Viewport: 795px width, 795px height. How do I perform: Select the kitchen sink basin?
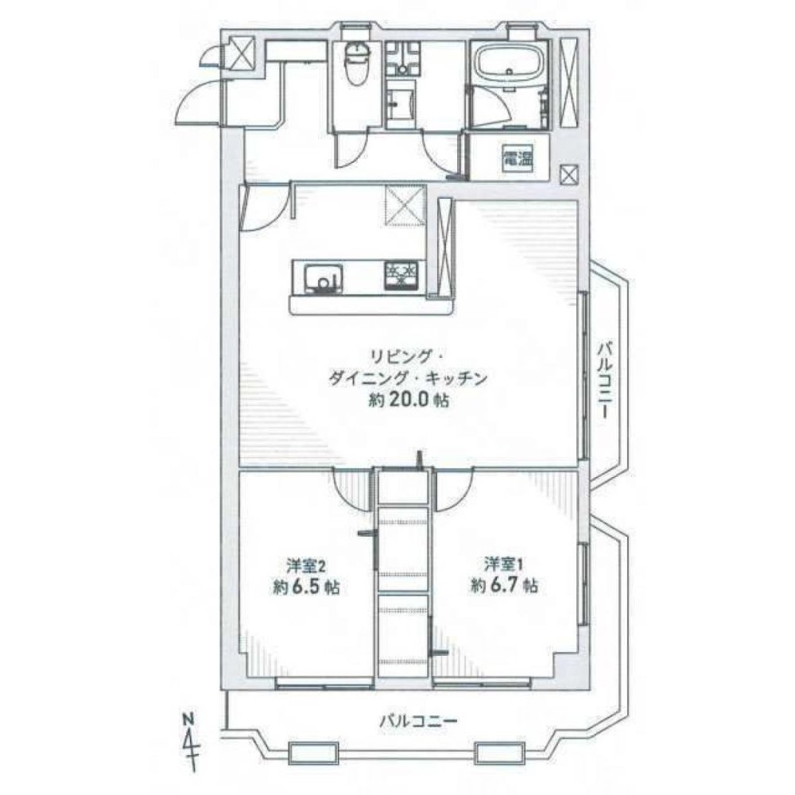pos(323,277)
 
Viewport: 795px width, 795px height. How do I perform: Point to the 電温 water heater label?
pos(515,159)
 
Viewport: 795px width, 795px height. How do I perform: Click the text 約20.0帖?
pos(407,401)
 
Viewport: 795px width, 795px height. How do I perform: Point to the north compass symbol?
pos(190,736)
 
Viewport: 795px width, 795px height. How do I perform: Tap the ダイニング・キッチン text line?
pos(407,378)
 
